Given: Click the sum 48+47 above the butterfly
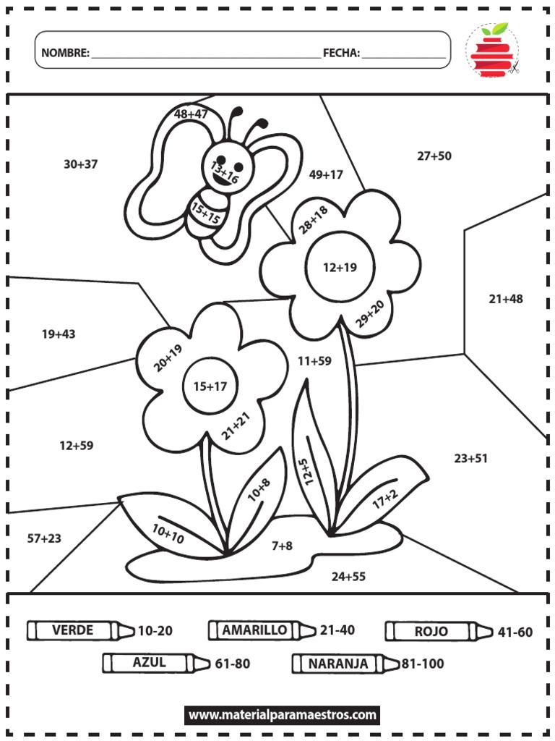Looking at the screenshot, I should pos(191,114).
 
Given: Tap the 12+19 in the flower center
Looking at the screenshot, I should pos(340,267).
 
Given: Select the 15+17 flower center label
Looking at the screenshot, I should pos(210,386).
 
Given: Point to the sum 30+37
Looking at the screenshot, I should pos(80,164).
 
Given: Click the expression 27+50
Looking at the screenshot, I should pos(434,156).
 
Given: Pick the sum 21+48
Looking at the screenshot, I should pos(506,299).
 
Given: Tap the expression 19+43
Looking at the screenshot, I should pos(59,334).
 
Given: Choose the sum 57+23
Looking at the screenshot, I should pos(44,538).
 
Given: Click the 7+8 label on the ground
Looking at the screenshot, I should pos(282,546).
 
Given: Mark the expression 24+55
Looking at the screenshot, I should pos(349,577).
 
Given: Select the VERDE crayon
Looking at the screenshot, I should pos(80,630).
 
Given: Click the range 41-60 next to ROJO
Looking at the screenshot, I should pos(515,632).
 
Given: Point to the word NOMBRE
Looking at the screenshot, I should pos(65,53).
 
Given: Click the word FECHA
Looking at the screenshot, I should pos(341,53).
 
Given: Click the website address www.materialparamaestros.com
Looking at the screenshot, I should pos(283,715).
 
